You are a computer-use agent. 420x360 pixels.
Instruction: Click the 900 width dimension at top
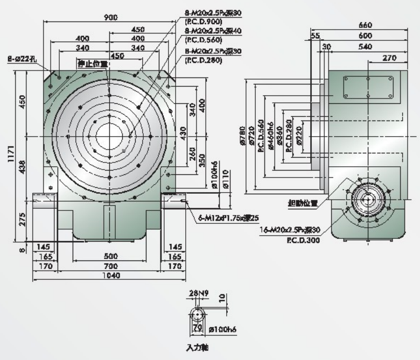(111, 17)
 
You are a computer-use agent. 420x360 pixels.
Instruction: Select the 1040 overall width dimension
(111, 275)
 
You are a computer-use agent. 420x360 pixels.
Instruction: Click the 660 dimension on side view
(365, 25)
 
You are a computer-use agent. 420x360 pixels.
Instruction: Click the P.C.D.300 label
(305, 240)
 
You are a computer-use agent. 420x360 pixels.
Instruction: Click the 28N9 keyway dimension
(197, 293)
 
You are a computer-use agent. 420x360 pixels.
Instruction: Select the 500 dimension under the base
(110, 256)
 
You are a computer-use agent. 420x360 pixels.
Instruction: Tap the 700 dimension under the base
(111, 266)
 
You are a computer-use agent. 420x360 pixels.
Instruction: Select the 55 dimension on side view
(316, 36)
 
